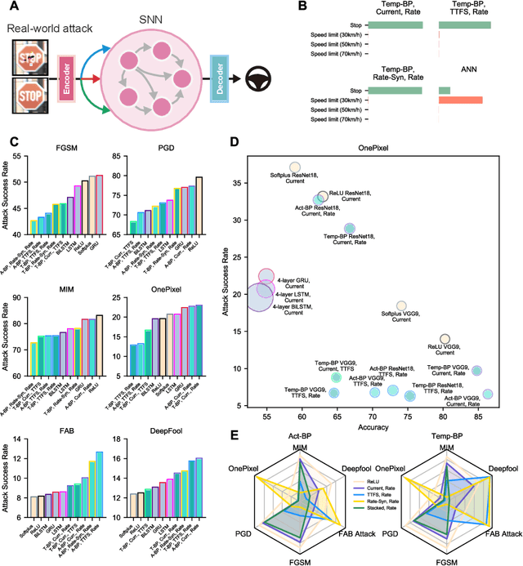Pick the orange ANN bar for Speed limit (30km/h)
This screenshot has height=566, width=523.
(x=460, y=100)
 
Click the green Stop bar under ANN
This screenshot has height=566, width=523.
(x=444, y=89)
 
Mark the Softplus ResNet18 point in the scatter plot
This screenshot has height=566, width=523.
(x=296, y=167)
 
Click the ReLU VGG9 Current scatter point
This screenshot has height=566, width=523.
(x=445, y=339)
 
